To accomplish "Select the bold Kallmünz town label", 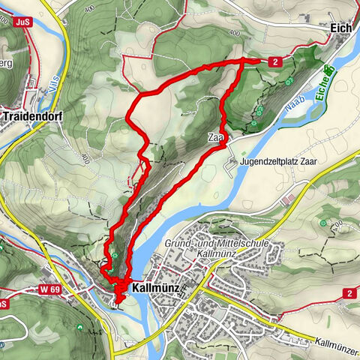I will [x=157, y=287].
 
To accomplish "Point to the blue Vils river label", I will [x=53, y=90].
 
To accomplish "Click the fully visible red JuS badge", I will [x=22, y=22].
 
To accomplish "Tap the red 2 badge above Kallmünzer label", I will [x=349, y=292].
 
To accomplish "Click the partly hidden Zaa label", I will [x=216, y=139].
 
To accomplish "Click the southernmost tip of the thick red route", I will [x=119, y=305].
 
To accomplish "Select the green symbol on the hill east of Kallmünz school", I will [x=323, y=223].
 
